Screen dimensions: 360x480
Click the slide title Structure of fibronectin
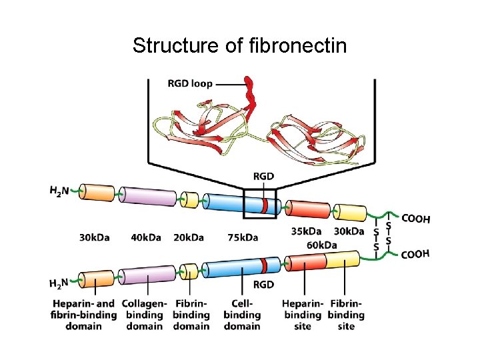239,46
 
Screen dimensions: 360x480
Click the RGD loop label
191,84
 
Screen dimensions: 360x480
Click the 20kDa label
190,237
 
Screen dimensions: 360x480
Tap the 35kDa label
307,231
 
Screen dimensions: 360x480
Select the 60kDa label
322,245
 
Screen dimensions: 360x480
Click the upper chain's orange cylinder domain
99,193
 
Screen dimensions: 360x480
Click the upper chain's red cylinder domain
307,209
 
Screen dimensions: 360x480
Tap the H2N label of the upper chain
60,190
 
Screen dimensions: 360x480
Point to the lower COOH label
415,254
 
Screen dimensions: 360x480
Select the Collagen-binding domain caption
144,315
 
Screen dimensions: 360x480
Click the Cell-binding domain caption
242,315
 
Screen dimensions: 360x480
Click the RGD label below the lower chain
263,285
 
